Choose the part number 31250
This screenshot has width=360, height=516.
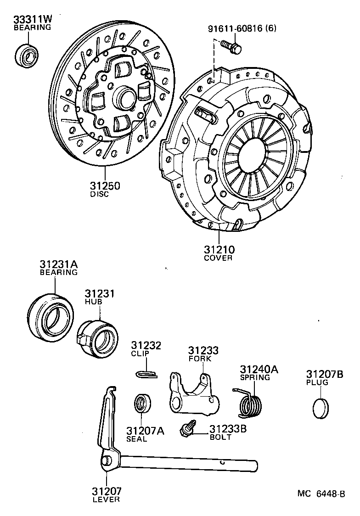[105, 185]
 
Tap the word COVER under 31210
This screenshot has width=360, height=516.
[218, 258]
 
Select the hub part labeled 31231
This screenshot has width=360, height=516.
[97, 338]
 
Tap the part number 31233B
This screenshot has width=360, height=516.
[228, 429]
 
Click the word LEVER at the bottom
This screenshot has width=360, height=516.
[106, 499]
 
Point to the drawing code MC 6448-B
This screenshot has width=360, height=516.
[321, 494]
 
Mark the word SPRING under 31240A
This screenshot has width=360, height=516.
[255, 377]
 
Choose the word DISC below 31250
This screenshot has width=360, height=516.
[100, 194]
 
